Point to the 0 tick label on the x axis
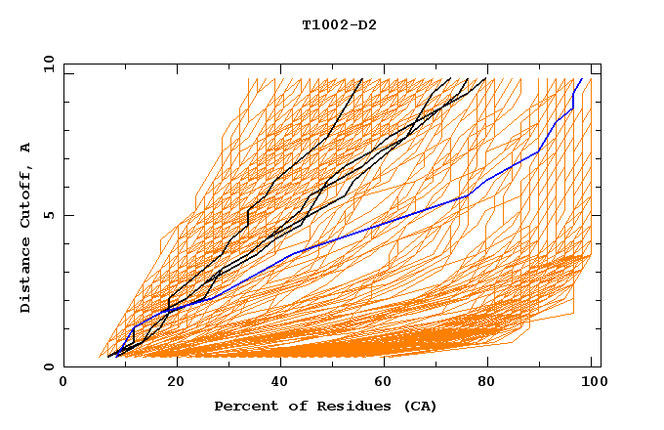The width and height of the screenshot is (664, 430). coord(63,382)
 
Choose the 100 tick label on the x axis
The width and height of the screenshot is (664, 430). coord(593,382)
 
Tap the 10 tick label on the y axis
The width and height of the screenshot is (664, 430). coord(47,64)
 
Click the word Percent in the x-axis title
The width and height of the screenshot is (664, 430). coord(241,406)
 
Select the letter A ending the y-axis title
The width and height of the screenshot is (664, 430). coord(26,148)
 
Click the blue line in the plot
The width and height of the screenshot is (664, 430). coord(391,224)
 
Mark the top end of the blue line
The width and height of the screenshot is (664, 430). coord(582,79)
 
